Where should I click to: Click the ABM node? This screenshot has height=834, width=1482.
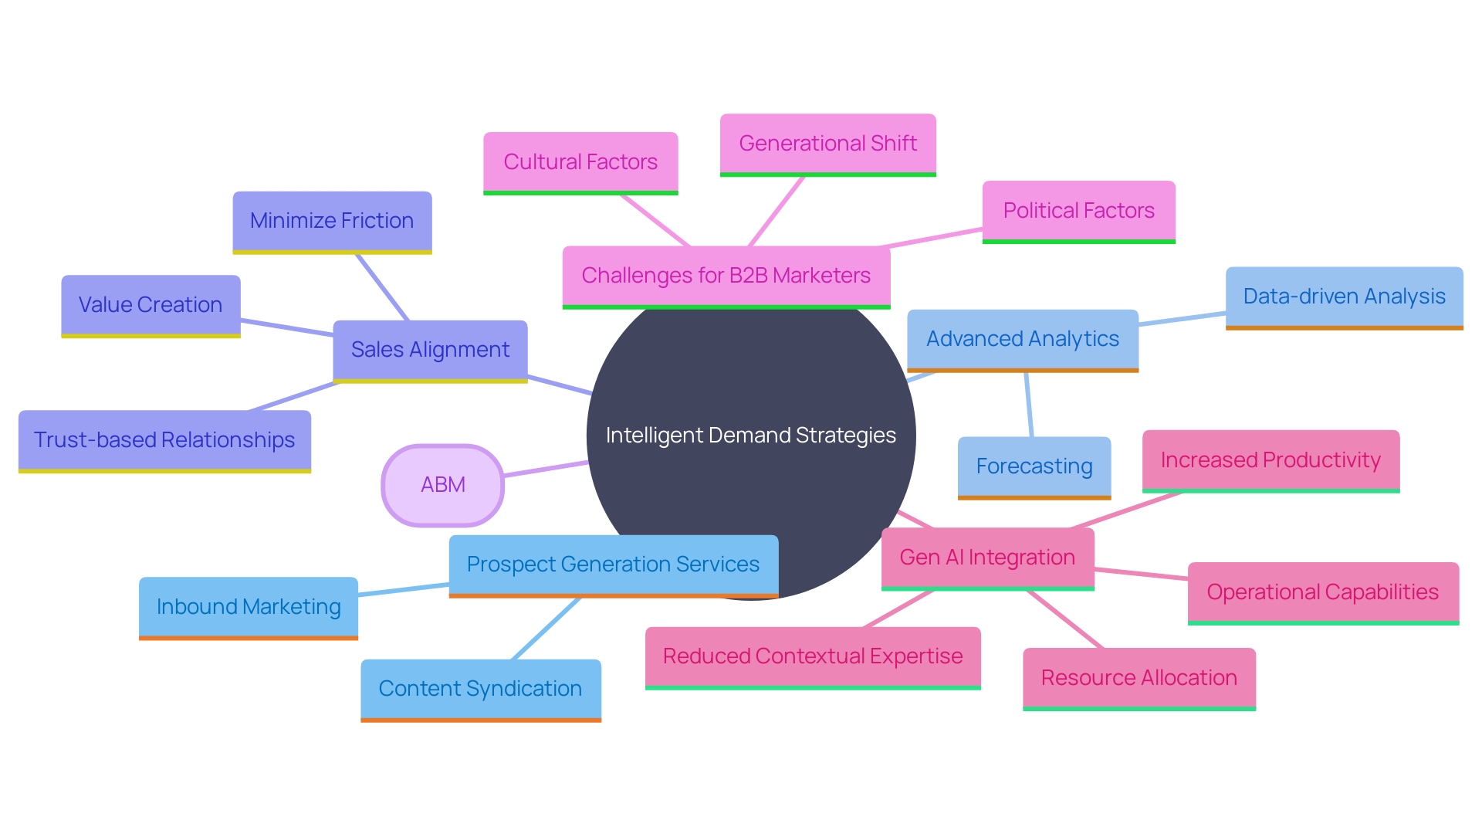coord(442,485)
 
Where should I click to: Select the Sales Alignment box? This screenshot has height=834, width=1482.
coord(430,350)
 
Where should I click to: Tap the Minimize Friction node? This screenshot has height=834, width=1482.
coord(332,221)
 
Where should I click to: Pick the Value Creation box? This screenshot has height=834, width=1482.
coord(151,305)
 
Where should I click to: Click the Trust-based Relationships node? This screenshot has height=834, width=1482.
coord(164,440)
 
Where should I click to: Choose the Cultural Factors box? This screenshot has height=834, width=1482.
coord(580,162)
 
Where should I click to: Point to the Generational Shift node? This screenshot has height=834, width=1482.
coord(827,144)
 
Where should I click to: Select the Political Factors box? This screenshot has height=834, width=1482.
coord(1078,211)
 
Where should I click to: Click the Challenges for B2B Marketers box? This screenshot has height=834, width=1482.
coord(726,276)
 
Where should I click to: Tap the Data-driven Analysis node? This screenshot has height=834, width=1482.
coord(1344,297)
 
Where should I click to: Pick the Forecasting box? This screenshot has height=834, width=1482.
coord(1034,466)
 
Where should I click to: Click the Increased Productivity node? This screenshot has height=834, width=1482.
coord(1271,460)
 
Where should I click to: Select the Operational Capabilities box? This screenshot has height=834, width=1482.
coord(1322,592)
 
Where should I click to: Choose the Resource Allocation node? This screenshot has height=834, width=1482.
coord(1139,678)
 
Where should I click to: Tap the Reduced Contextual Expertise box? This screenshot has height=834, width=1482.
coord(813,656)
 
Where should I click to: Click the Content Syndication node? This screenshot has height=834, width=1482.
coord(480,689)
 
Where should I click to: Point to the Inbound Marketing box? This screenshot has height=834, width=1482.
coord(249,607)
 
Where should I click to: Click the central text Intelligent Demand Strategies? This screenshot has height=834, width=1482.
coord(750,436)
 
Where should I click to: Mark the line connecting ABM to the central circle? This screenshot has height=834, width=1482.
coord(546,469)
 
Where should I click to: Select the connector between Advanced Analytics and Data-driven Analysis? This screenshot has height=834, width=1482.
coord(1182,319)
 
